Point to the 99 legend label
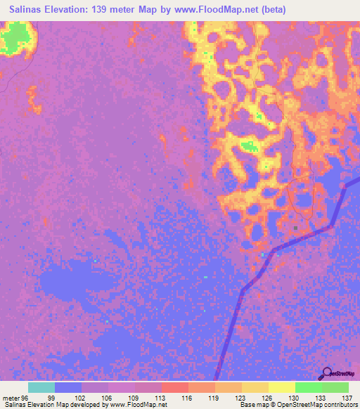point(51,397)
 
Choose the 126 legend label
point(265,397)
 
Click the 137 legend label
point(345,397)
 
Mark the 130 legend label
point(292,397)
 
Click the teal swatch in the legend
point(41,387)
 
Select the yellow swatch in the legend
point(281,387)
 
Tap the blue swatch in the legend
point(68,387)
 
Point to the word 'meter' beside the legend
point(10,397)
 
